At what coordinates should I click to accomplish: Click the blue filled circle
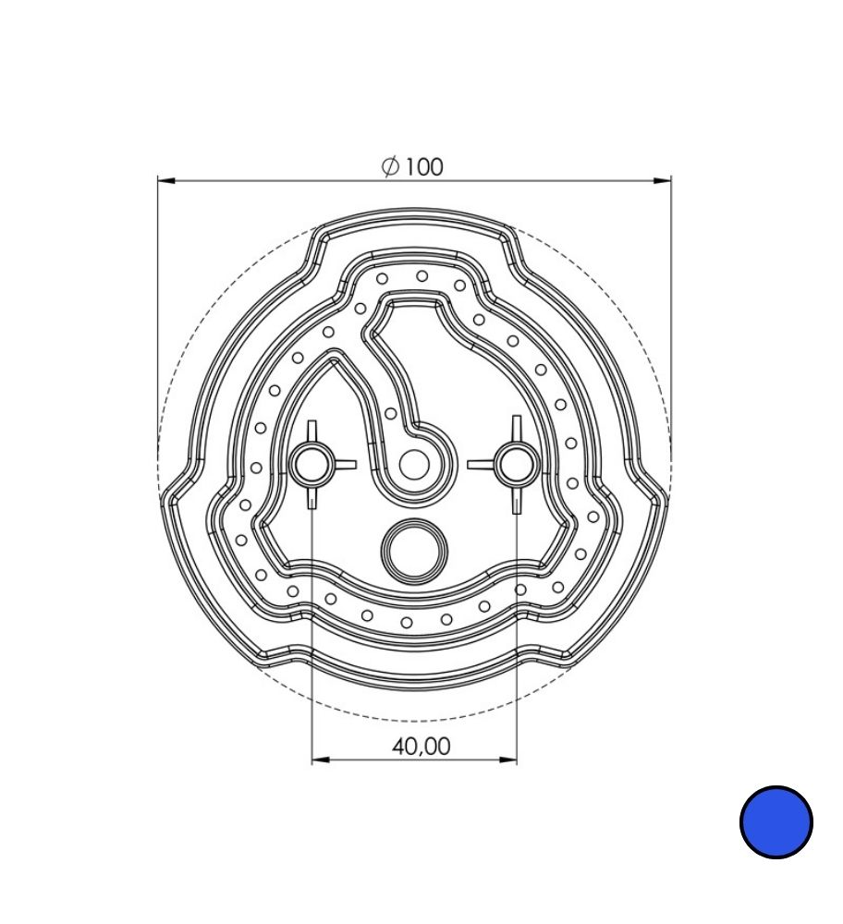point(776,821)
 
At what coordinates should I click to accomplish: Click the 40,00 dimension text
point(421,746)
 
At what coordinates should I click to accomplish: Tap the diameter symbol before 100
point(390,166)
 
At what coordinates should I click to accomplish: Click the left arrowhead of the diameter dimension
point(166,180)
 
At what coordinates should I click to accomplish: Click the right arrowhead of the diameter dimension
point(662,180)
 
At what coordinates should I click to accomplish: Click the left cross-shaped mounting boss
point(312,465)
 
